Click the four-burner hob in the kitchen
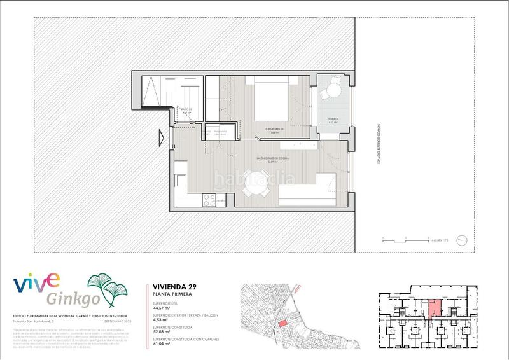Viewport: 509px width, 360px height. (x=209, y=200)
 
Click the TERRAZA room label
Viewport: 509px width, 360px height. (x=333, y=119)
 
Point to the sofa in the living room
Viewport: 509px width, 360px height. (x=312, y=191)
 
